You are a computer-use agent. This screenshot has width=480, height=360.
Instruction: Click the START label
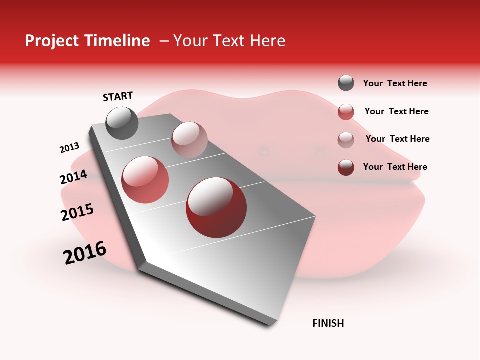(118, 96)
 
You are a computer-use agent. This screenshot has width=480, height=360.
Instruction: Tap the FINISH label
(328, 323)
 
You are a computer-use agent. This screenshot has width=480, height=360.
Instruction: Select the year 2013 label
(69, 148)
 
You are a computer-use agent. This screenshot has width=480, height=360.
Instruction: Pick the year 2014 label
(73, 177)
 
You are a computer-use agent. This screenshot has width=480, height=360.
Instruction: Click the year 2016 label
(85, 253)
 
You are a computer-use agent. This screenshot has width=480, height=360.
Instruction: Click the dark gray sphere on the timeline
(122, 123)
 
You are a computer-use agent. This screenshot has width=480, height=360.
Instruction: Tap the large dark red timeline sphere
(216, 207)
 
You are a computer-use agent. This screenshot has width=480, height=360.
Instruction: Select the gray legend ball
(346, 83)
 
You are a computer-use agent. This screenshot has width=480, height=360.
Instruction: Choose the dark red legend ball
(346, 167)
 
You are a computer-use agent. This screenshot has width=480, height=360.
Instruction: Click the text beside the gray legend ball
(395, 84)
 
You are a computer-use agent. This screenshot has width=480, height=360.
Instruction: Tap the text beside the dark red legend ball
(395, 167)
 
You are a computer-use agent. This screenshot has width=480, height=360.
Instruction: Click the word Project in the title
(52, 41)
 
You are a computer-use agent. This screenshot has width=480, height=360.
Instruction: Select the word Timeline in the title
(117, 41)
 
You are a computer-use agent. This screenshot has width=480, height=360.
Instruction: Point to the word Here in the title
(267, 41)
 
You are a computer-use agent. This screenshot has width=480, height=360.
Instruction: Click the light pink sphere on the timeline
(189, 140)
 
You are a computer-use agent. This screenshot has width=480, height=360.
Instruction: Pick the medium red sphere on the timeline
(145, 180)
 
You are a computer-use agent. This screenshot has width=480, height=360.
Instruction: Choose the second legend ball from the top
(346, 112)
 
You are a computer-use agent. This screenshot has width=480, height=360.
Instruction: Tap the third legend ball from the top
(346, 140)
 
